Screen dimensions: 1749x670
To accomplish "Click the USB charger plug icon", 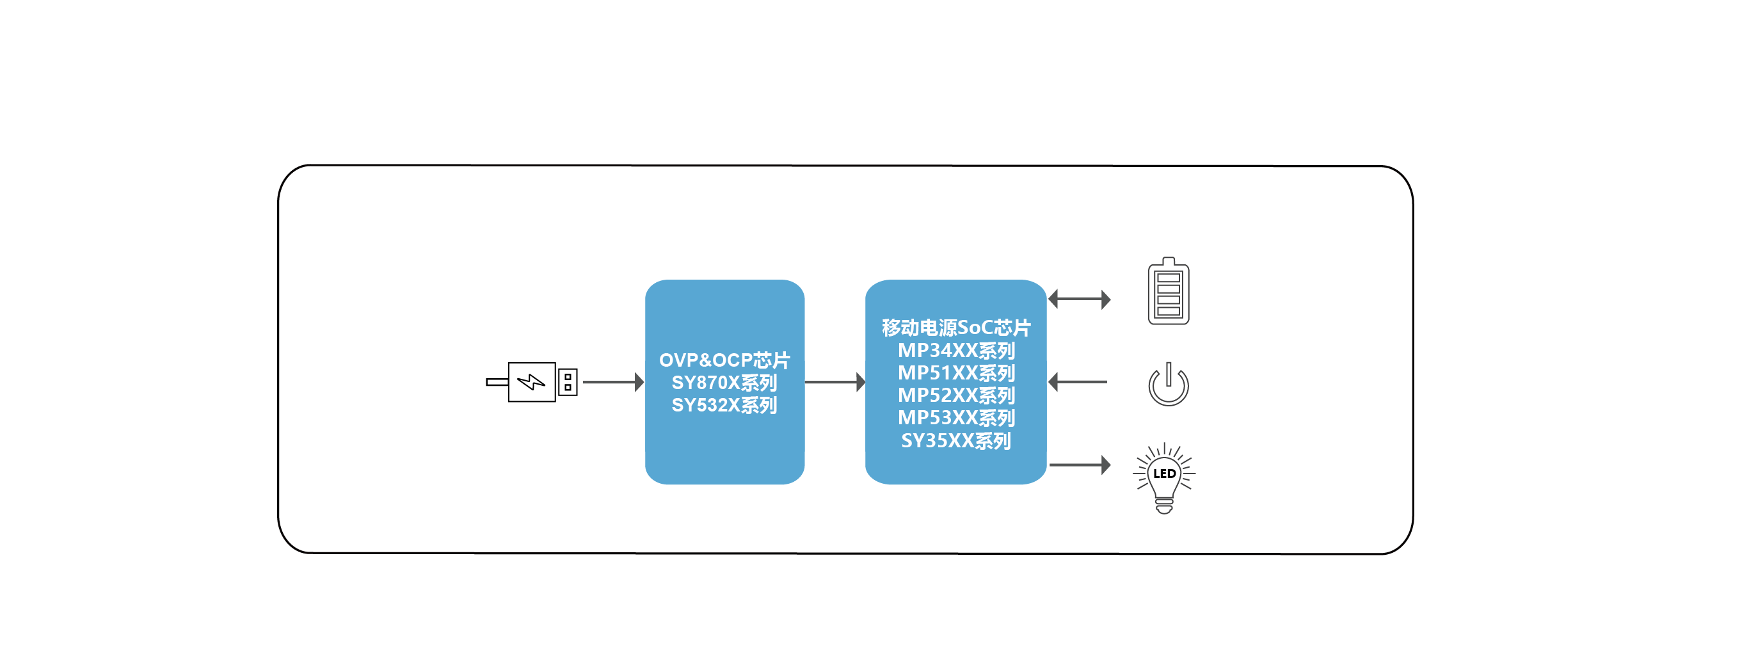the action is click(532, 382).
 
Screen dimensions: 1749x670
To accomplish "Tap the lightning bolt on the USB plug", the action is click(531, 382).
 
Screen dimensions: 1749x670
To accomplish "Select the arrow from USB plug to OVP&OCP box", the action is click(613, 382).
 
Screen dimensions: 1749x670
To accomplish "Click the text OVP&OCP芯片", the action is click(724, 360).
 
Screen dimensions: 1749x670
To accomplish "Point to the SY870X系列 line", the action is click(724, 383).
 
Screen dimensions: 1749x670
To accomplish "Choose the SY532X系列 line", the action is click(724, 405).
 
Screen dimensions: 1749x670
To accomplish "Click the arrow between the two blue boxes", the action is click(835, 382).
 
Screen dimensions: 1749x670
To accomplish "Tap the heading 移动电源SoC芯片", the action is click(956, 328).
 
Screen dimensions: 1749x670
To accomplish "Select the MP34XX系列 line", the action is click(956, 350).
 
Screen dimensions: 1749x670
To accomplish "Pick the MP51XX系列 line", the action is click(956, 372).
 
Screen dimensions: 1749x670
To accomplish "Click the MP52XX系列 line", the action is click(956, 395).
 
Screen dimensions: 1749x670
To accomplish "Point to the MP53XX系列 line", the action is click(956, 417).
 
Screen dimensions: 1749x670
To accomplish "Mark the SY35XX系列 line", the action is click(956, 440).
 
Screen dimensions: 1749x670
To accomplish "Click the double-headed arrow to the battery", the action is click(1080, 299).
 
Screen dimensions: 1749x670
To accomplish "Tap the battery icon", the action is click(1169, 291).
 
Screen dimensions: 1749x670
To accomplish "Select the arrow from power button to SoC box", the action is click(1078, 382).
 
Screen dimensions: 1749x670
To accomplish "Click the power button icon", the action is click(1169, 385).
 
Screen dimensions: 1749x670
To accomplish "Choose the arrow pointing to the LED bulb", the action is click(1080, 465).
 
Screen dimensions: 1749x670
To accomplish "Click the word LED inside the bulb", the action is click(1165, 474).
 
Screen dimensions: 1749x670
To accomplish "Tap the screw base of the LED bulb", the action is click(1165, 506).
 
